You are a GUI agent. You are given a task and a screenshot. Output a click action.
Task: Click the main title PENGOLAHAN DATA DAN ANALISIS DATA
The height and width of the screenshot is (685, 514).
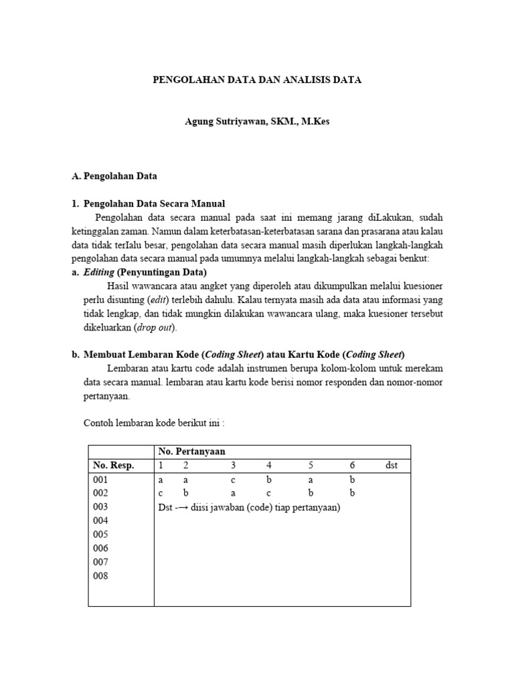coord(257,80)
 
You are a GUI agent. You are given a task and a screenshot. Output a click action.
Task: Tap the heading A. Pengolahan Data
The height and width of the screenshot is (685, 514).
coord(114,177)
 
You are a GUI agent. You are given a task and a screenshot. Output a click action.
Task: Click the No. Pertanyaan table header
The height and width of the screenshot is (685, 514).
coord(191,452)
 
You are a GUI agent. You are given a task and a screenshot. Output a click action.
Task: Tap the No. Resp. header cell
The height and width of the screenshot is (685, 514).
coord(114,466)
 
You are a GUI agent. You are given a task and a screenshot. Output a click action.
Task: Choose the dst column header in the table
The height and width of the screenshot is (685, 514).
coord(392,466)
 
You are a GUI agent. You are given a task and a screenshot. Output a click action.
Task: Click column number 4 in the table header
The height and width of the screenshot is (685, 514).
coord(268,466)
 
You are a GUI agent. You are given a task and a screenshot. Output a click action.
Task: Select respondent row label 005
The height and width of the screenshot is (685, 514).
coord(100,534)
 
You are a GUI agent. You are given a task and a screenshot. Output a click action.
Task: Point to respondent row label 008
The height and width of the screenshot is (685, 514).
coord(100,576)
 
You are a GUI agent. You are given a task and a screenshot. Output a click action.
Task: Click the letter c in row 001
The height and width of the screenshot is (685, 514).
coord(233,480)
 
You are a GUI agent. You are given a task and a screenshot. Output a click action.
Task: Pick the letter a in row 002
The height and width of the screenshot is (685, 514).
coord(233,494)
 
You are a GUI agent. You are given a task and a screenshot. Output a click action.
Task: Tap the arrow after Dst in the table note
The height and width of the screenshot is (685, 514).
coord(181,508)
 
